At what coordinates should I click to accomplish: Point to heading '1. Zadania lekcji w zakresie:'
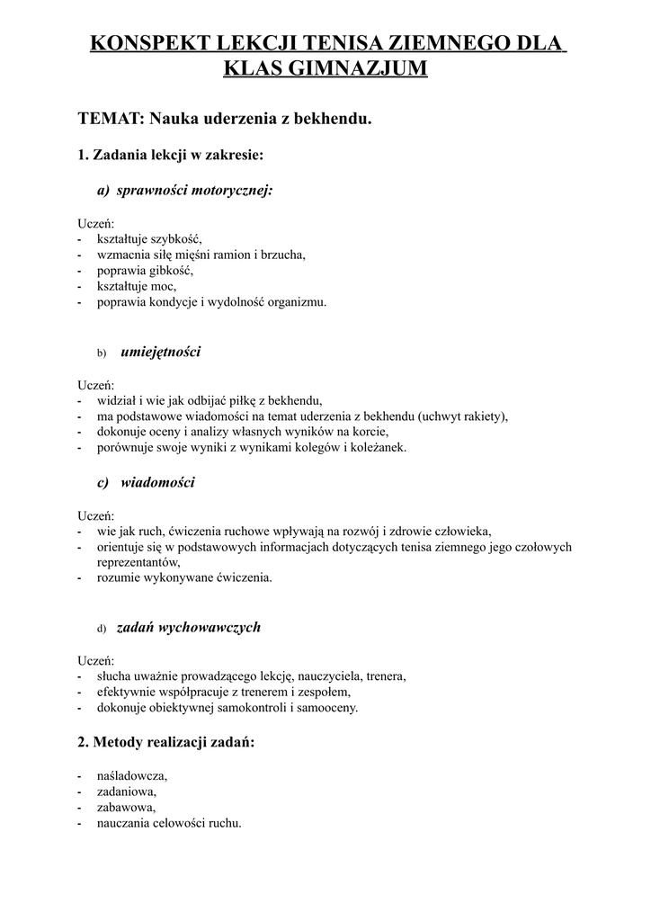coord(171,155)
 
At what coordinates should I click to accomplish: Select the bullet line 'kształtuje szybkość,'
coord(149,238)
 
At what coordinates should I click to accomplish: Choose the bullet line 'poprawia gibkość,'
coord(145,271)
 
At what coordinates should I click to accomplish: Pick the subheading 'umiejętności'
coord(160,352)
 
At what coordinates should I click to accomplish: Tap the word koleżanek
coord(379,447)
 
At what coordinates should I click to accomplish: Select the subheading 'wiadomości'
coord(157,483)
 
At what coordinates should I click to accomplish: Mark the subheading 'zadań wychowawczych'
coord(189,628)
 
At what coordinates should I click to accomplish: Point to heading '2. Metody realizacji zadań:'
coord(166,743)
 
